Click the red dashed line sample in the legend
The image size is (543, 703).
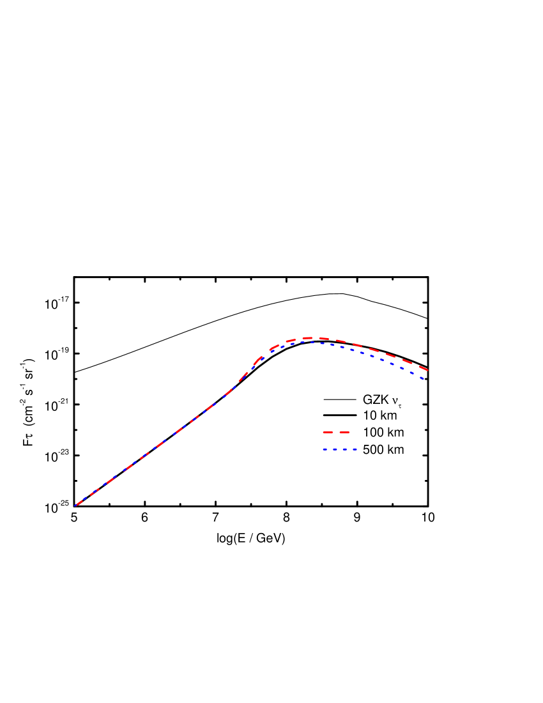336,433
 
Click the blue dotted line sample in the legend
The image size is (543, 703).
340,449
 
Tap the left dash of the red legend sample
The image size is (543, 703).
328,433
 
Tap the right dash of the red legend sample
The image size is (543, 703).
344,433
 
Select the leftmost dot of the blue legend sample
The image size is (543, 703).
325,449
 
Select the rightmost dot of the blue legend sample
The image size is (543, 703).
355,449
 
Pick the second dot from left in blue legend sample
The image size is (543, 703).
335,449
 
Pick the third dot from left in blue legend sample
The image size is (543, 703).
345,449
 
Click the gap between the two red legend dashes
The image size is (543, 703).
336,433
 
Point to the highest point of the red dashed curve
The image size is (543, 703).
310,337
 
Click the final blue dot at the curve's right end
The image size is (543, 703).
423,378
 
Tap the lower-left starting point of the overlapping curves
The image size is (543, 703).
76,506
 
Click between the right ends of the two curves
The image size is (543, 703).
425,374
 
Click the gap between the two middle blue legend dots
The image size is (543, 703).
340,449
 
